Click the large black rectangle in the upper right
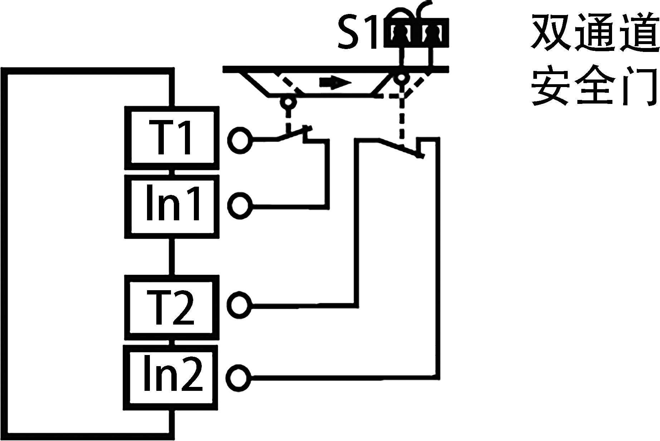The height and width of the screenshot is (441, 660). [595, 59]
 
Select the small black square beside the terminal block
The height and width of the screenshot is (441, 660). [357, 32]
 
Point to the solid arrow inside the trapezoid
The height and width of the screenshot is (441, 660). [335, 82]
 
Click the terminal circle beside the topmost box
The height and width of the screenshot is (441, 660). [240, 141]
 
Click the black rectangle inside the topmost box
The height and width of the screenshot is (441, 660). [169, 137]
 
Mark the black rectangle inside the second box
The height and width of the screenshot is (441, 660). [173, 202]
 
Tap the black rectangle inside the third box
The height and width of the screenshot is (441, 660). [170, 307]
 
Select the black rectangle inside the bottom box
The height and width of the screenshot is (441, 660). [173, 373]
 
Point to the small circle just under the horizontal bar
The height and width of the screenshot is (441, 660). [401, 78]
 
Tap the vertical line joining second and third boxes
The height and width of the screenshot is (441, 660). [172, 257]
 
